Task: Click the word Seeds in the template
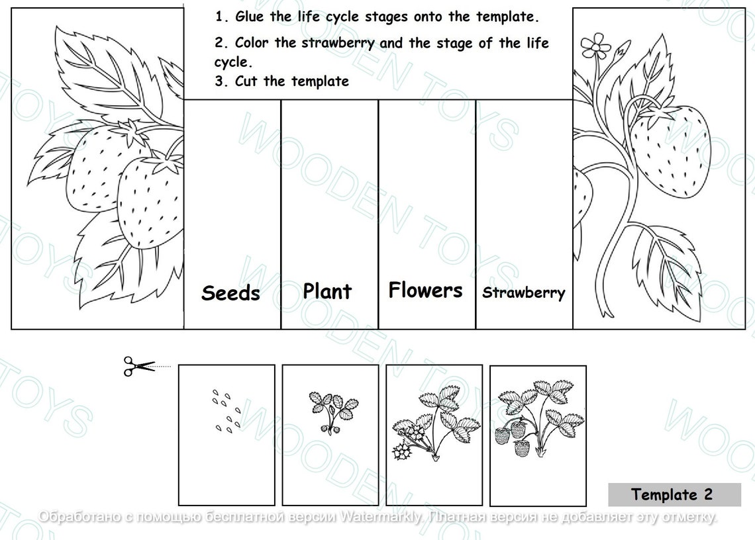230,292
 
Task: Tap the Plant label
327,291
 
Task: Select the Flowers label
425,290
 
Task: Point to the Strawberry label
523,292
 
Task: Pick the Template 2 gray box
674,494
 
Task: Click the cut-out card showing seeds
226,435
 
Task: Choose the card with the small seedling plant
330,435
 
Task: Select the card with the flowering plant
434,435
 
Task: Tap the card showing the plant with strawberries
538,435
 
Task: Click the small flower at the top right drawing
595,46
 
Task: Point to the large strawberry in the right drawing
669,150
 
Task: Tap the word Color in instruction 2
252,43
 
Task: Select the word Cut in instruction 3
246,81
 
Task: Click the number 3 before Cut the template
219,81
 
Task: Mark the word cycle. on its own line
233,62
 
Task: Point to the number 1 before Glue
219,17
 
